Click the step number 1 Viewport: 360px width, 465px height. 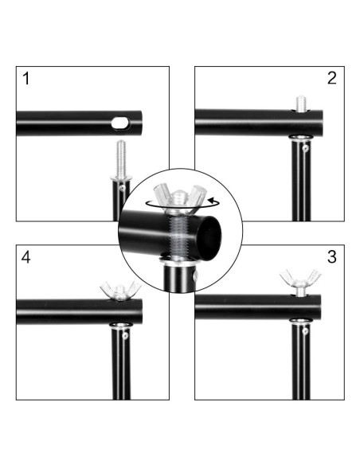tap(26, 79)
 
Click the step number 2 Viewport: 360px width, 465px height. tap(332, 78)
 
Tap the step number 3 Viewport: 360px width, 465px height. tap(332, 257)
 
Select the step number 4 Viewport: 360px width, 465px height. tap(25, 257)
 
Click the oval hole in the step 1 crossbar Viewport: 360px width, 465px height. tap(121, 123)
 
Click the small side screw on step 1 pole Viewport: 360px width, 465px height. tap(122, 187)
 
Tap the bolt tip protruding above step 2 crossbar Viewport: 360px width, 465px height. tap(302, 104)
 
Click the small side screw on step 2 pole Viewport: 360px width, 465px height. tap(305, 147)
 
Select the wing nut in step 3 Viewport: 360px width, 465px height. tap(300, 278)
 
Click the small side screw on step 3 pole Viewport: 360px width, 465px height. tap(305, 330)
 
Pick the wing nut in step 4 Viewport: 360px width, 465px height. tap(120, 291)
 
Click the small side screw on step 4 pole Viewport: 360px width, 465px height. tap(125, 335)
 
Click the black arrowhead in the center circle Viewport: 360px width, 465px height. tap(212, 199)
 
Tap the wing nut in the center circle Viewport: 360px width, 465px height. tap(179, 197)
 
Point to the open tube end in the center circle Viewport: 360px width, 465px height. tap(209, 237)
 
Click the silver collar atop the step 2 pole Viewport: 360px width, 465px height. tap(301, 138)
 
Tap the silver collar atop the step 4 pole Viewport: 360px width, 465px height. tap(121, 326)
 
